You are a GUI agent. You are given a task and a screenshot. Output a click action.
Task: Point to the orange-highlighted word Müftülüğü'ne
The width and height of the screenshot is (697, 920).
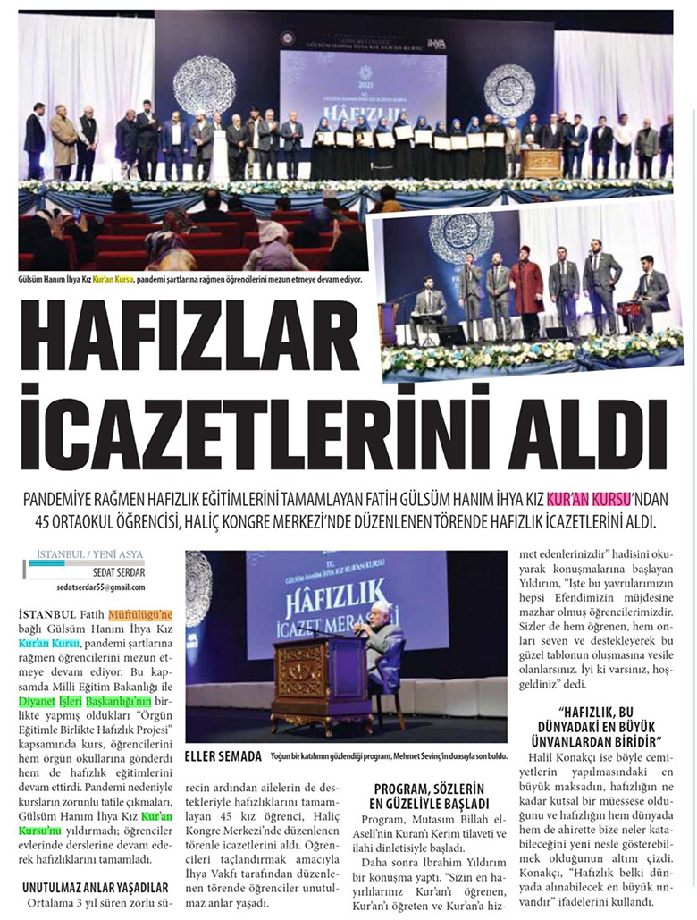tap(140, 614)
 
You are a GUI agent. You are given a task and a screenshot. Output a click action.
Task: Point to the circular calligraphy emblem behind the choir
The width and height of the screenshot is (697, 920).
tap(459, 236)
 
